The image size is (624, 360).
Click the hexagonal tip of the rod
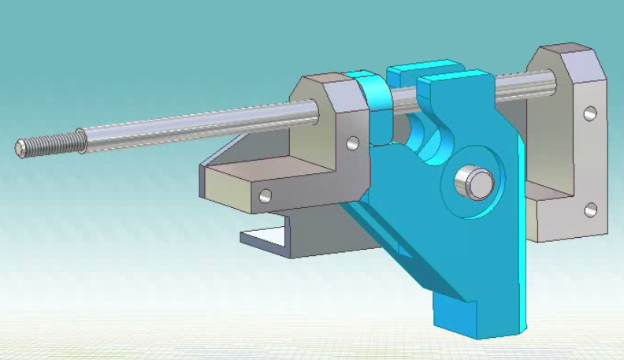20,147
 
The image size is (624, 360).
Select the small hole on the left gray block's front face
352,143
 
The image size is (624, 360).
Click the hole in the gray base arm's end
266,195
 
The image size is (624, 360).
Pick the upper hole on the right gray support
589,113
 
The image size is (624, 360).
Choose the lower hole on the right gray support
590,210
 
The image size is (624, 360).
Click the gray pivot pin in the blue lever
476,182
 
